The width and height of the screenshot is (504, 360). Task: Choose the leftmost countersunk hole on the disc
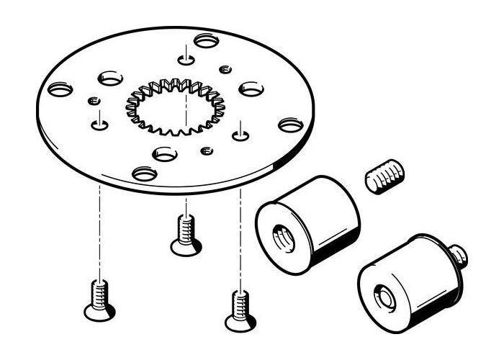(x=58, y=91)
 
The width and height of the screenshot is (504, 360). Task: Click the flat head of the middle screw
(x=186, y=247)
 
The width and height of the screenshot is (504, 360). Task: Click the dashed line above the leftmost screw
(x=96, y=230)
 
